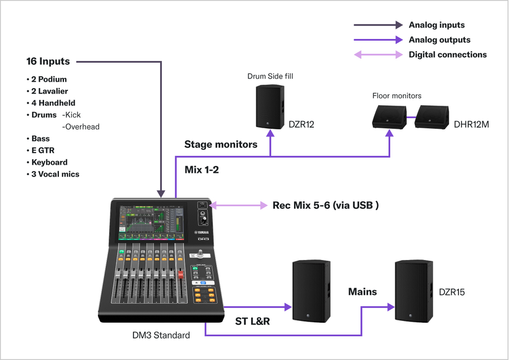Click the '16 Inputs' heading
(x=48, y=61)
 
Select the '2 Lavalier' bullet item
(x=48, y=91)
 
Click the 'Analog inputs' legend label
(x=436, y=25)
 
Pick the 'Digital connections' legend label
(x=447, y=55)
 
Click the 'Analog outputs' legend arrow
(x=377, y=40)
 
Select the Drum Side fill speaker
(x=270, y=107)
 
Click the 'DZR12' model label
(x=301, y=124)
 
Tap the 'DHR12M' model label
(x=472, y=124)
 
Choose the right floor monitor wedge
(x=433, y=116)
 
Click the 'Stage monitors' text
(x=221, y=144)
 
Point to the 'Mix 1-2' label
(x=202, y=170)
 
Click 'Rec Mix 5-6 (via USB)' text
(x=325, y=205)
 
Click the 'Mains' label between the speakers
(x=362, y=292)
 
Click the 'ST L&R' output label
(x=252, y=322)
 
